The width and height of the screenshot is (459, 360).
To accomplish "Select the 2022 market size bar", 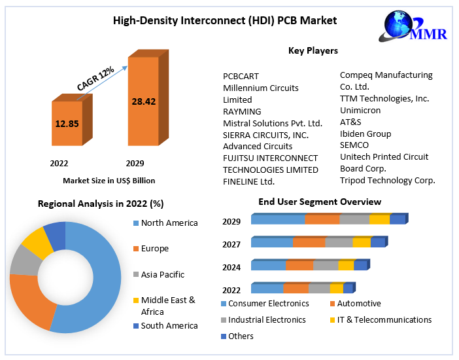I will point(67,122).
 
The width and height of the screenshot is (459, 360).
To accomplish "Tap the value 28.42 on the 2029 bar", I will point(143,101).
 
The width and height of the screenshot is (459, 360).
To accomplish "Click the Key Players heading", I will point(313,50).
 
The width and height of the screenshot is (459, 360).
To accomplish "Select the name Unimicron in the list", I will point(360,110).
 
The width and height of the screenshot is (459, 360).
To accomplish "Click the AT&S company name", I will point(350,122).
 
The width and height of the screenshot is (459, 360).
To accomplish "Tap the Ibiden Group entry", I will point(365,134).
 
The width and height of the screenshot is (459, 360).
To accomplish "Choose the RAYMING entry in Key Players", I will point(242,111).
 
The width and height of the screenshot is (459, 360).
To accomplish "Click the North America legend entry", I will point(169,223).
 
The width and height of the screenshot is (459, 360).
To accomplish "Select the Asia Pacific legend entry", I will point(162,275).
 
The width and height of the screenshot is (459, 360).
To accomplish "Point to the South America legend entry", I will point(169,325).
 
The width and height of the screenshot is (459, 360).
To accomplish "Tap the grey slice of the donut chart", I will point(25,260).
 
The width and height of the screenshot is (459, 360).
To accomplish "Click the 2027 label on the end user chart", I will point(231,244).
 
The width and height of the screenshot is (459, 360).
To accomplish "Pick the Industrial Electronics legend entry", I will point(267,320).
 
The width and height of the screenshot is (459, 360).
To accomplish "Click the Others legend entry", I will point(241,336).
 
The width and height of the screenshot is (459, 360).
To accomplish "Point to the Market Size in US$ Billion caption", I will point(109,180).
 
